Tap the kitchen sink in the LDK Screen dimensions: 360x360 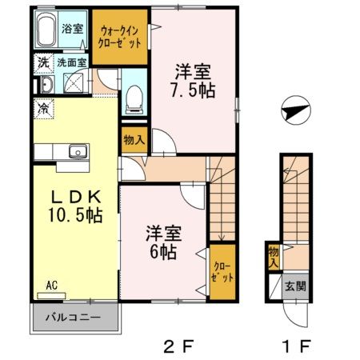pos(78,152)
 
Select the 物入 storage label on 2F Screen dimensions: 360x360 pos(134,141)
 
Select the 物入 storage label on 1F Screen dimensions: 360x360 pos(274,257)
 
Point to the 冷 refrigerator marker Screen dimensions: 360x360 pos(40,104)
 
